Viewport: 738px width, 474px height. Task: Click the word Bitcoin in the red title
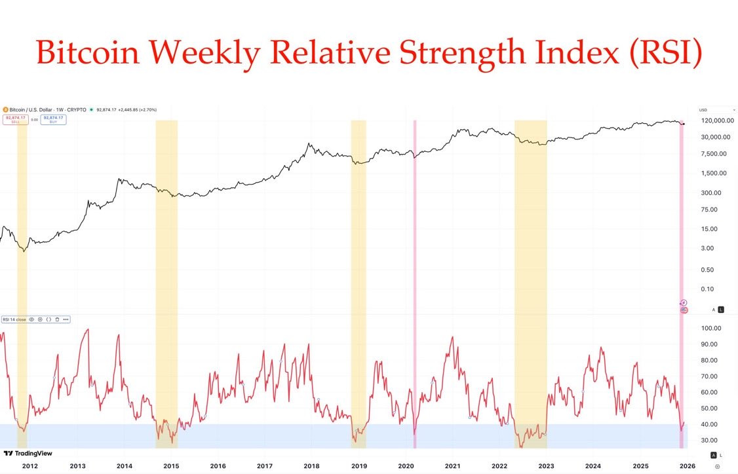87,52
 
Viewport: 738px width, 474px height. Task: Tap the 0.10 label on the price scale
707,289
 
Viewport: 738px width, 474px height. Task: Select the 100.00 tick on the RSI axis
710,329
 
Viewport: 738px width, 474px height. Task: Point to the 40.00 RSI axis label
709,424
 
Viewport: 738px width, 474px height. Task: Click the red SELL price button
16,120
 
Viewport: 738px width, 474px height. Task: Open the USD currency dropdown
716,110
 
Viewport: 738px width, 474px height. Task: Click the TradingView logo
28,453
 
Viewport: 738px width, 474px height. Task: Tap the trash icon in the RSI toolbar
57,319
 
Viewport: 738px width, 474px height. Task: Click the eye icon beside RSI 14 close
31,319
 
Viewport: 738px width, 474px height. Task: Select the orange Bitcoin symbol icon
5,110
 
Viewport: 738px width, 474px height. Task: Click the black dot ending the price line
683,124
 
